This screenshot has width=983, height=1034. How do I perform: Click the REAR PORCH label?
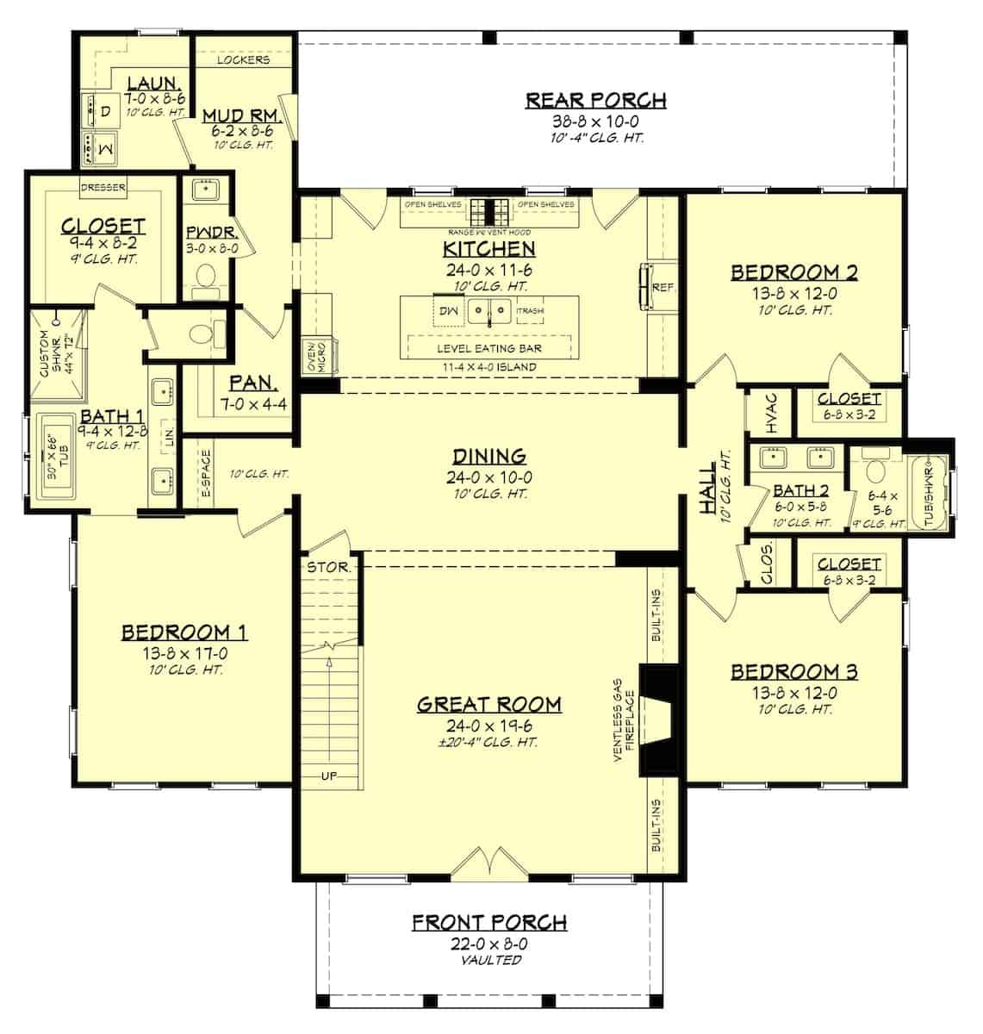coord(595,100)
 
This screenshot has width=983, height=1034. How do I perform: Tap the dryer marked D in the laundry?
coord(104,113)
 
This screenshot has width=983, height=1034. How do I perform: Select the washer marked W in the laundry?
coord(104,148)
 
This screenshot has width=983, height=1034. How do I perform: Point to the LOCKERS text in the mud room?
coord(243,60)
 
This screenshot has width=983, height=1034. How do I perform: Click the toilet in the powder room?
coord(205,277)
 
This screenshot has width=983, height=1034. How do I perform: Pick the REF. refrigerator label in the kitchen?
coord(663,286)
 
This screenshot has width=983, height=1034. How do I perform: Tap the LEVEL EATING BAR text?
coord(489,348)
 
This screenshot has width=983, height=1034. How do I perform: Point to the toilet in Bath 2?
coord(875,472)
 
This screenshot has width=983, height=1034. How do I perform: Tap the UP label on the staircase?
coord(329,775)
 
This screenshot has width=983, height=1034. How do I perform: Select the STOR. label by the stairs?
coord(328,567)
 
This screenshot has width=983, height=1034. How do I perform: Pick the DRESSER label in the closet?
coord(103,187)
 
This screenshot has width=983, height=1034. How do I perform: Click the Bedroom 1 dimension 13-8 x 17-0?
coord(184,652)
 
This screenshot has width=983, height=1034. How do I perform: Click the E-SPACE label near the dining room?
coord(205,474)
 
